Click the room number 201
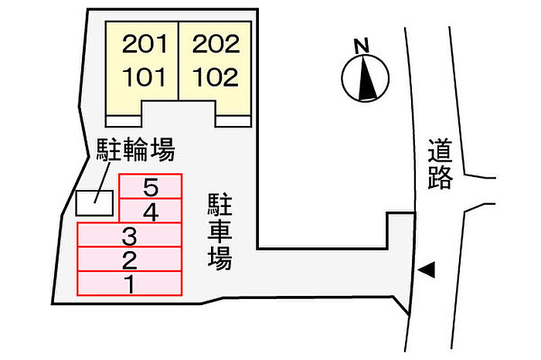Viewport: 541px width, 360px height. click(145, 44)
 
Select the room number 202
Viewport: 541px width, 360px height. click(216, 44)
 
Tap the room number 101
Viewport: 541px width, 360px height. click(145, 76)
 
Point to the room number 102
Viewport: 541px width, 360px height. click(216, 76)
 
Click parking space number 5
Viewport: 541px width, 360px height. click(151, 186)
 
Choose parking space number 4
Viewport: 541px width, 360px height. click(151, 211)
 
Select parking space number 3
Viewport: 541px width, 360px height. click(129, 235)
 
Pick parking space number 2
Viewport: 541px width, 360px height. click(129, 260)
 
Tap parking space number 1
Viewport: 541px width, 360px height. click(129, 284)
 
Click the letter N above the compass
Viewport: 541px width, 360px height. click(362, 46)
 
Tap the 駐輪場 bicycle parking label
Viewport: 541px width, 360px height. click(135, 150)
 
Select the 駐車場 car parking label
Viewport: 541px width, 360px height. click(219, 232)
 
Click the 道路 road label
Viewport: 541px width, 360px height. click(441, 164)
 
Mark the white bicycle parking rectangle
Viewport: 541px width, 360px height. click(94, 203)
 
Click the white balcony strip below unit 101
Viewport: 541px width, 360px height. click(124, 121)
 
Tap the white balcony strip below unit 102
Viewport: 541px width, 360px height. click(233, 121)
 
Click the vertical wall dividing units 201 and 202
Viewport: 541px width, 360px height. click(179, 61)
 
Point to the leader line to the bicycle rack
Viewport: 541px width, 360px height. click(103, 182)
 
